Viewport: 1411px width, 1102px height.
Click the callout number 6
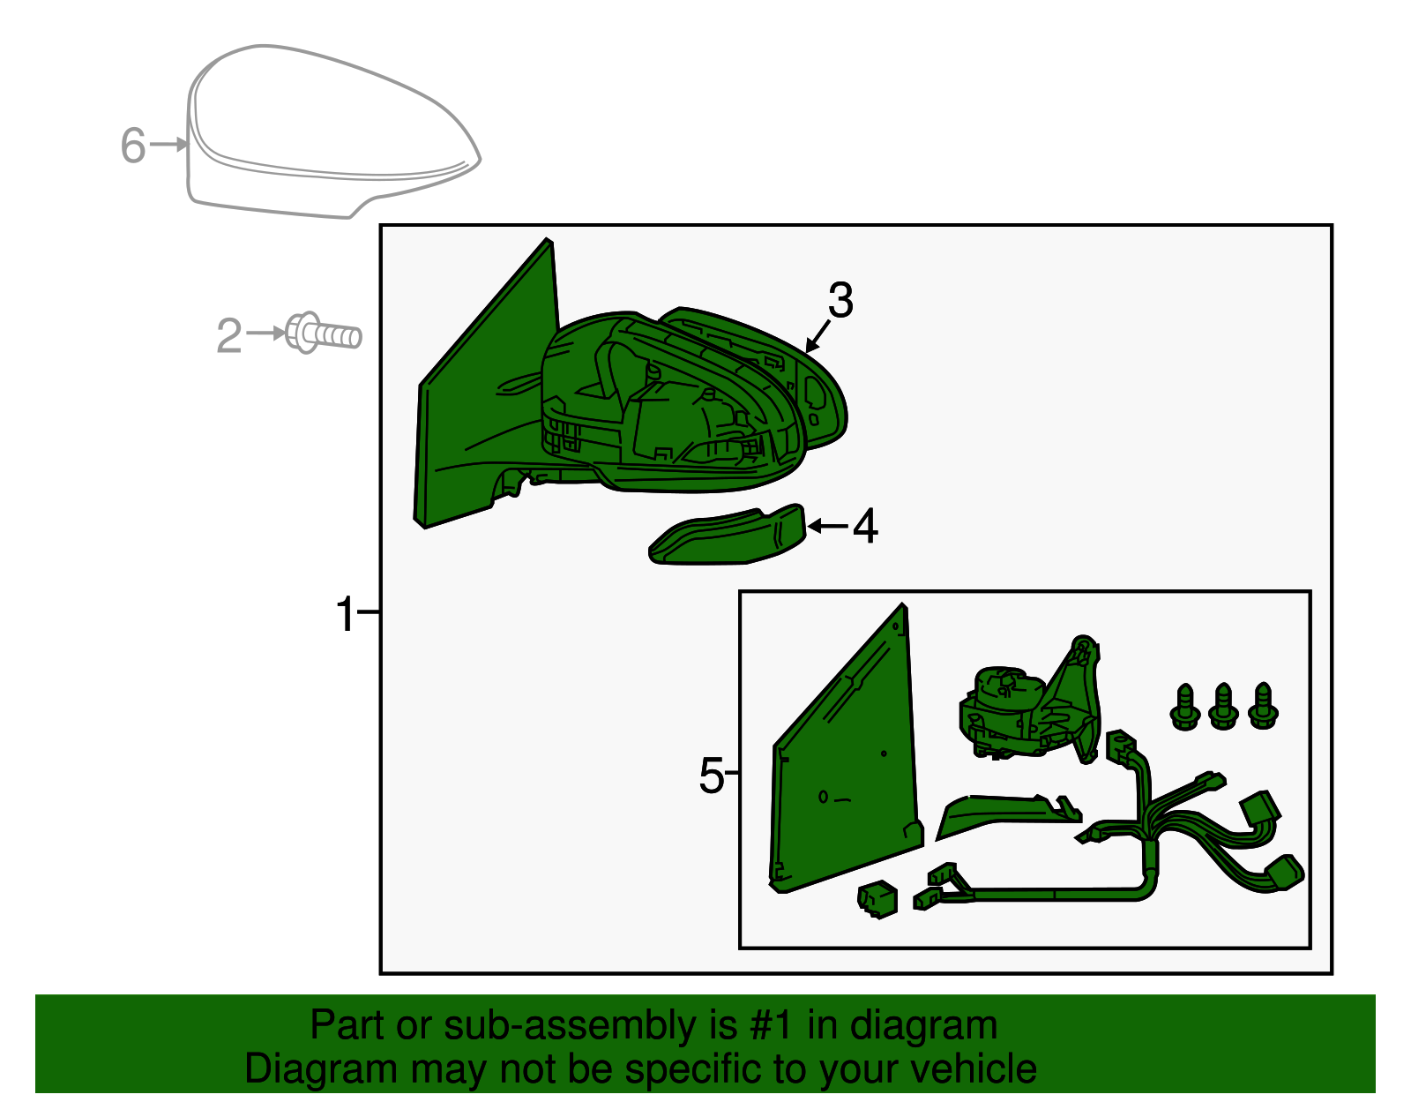133,146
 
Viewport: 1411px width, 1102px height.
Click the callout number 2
229,336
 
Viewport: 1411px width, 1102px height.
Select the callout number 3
840,301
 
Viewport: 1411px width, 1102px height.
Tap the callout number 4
865,526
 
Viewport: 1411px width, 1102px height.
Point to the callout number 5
711,776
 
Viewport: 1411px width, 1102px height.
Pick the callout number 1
346,614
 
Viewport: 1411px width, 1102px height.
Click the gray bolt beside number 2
323,334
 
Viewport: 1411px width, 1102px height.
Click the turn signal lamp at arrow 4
728,535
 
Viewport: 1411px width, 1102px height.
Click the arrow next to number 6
168,144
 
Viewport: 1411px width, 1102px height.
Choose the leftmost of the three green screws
1185,707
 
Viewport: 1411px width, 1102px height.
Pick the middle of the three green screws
1224,707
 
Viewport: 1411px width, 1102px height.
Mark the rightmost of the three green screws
1263,706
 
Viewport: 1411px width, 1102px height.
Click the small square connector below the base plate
877,899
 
